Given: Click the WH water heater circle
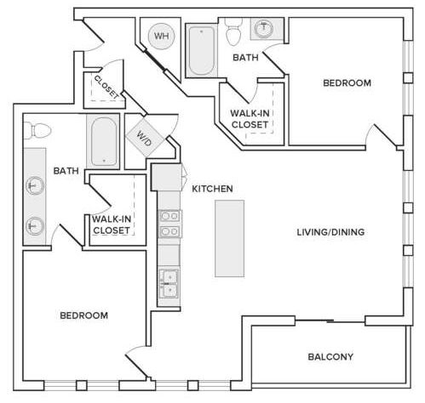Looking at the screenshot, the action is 162,36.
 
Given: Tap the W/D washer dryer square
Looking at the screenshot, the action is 146,138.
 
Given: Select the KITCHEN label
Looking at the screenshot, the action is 212,189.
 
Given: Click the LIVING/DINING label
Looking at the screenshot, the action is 330,232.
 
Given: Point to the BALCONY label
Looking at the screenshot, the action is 330,356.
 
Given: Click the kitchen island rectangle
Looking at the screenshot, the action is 229,238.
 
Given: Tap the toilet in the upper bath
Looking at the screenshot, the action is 234,31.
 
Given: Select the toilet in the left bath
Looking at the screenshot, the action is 37,131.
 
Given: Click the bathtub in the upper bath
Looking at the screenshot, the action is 202,51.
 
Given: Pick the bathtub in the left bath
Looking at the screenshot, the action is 103,141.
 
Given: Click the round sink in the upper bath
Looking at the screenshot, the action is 264,28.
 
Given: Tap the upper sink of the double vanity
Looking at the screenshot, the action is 35,185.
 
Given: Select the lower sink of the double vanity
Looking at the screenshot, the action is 35,226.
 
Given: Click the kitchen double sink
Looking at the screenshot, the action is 169,283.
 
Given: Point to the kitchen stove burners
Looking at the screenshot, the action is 169,224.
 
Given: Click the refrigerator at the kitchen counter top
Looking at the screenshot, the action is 167,178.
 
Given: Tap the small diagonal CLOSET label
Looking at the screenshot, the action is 106,88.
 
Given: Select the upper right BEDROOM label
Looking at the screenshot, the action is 347,83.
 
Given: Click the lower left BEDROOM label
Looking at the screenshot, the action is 84,315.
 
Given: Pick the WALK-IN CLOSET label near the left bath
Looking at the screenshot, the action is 112,224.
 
